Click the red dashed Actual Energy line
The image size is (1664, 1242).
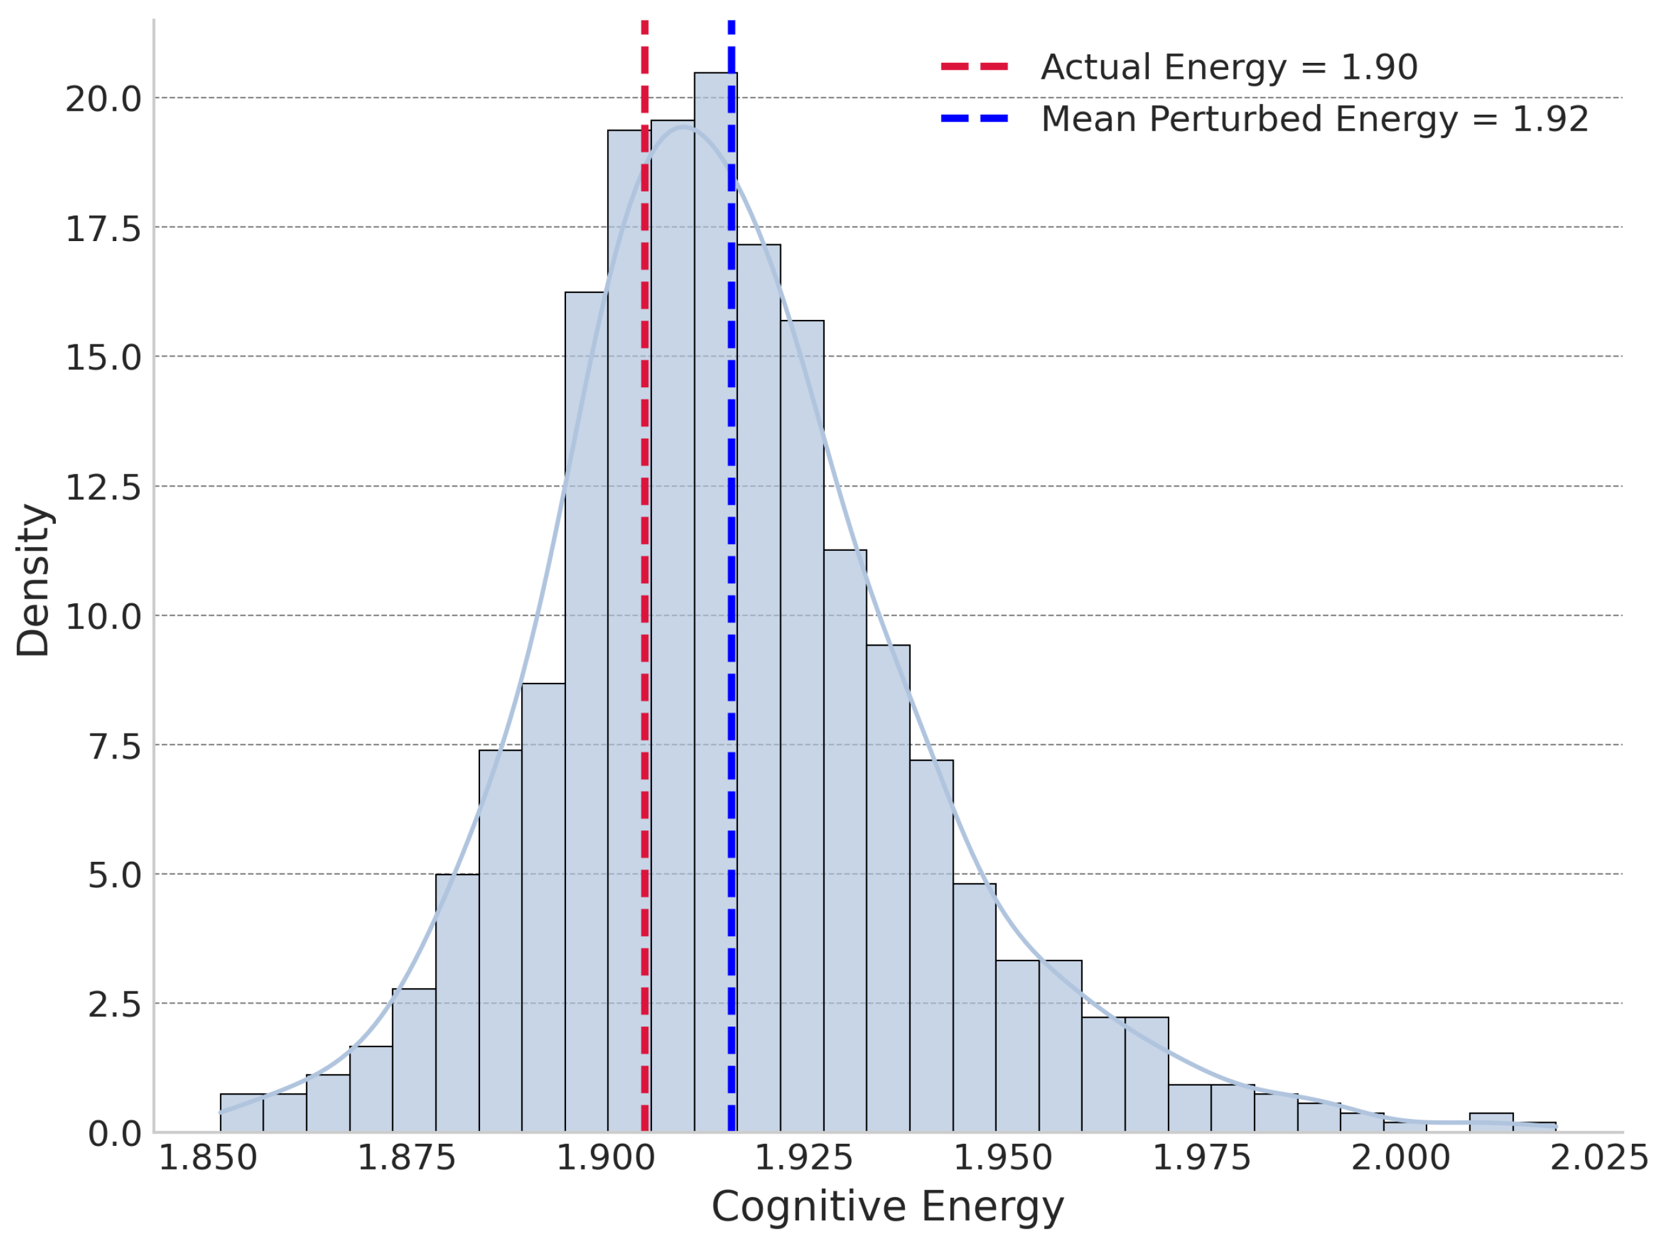click(x=645, y=526)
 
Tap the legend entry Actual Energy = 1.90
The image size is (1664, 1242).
click(x=1228, y=68)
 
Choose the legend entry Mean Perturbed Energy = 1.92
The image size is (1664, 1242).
click(x=1314, y=119)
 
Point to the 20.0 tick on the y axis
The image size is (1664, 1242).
click(x=103, y=100)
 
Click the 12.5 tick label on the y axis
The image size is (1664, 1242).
click(x=103, y=488)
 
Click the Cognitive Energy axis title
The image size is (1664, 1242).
click(x=888, y=1207)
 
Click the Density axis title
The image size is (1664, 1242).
click(x=33, y=580)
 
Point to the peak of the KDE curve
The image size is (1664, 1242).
click(x=684, y=128)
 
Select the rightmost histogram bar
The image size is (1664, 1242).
click(x=1534, y=1127)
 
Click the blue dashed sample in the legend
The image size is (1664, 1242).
click(x=974, y=119)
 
